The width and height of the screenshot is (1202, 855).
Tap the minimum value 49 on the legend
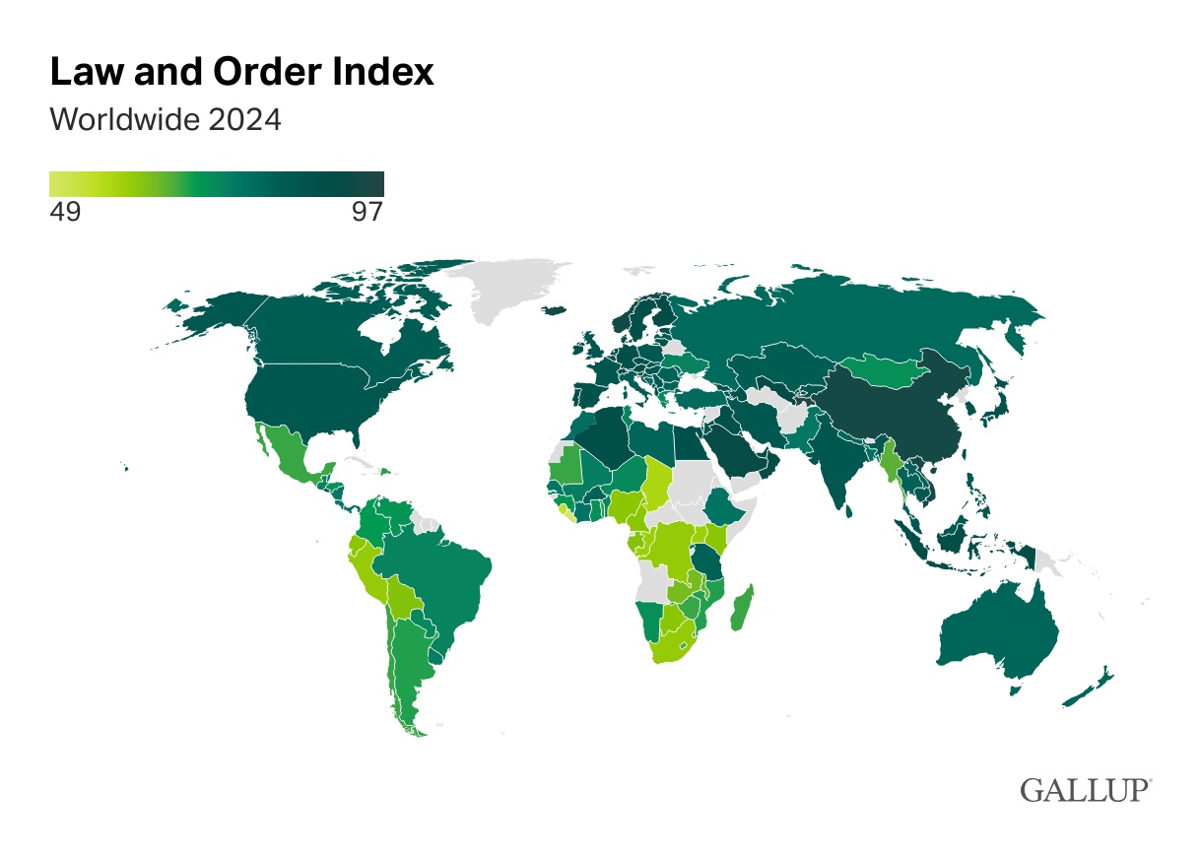65,212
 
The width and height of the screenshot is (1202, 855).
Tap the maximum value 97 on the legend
367,212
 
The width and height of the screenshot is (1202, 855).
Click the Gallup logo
1086,790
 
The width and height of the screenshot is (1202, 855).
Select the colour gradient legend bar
216,184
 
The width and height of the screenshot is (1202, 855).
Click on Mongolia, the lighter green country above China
882,371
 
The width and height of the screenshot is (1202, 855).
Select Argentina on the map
409,670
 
